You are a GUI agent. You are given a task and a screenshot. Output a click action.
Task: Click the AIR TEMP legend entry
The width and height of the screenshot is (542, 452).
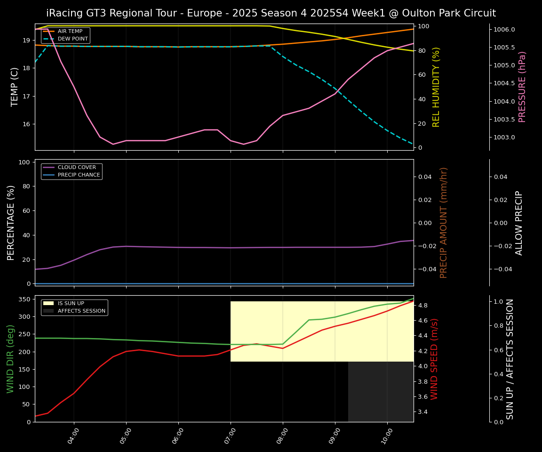click(70, 31)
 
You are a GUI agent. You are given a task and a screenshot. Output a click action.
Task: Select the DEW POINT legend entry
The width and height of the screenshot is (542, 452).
click(72, 39)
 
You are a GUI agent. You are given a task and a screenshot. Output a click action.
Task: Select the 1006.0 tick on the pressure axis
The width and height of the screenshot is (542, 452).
click(504, 29)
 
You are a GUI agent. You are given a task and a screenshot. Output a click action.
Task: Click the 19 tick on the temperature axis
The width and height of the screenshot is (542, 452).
click(26, 40)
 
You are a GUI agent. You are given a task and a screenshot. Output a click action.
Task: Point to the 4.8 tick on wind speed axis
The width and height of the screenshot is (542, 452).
click(422, 305)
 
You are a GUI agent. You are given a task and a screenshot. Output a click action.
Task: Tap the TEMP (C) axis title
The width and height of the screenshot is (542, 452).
click(15, 87)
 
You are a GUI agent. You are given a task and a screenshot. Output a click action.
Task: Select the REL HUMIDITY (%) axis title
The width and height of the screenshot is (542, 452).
click(436, 87)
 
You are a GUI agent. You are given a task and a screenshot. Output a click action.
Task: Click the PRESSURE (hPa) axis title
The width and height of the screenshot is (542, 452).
click(522, 87)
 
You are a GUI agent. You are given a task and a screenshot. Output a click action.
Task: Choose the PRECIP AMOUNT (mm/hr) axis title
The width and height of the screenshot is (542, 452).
click(444, 222)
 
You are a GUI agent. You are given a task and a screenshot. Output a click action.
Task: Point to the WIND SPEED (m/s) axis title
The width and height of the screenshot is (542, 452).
click(434, 359)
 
